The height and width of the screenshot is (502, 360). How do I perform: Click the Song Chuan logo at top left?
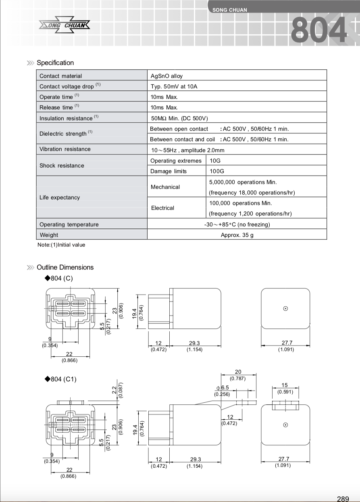pyautogui.click(x=65, y=26)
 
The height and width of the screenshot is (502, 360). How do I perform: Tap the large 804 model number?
pyautogui.click(x=318, y=30)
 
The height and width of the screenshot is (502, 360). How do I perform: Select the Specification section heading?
pyautogui.click(x=55, y=63)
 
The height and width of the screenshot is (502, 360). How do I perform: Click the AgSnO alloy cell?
pyautogui.click(x=166, y=76)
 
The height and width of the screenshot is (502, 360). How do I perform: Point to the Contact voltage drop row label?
pyautogui.click(x=67, y=86)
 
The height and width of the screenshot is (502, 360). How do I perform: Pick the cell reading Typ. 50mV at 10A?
pyautogui.click(x=174, y=86)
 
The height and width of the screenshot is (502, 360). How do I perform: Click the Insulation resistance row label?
pyautogui.click(x=66, y=118)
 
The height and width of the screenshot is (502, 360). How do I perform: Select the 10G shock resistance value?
pyautogui.click(x=215, y=161)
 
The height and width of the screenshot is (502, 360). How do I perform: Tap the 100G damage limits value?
pyautogui.click(x=216, y=171)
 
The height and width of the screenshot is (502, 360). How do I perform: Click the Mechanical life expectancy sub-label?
pyautogui.click(x=165, y=187)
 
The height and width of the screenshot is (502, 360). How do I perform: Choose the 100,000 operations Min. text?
pyautogui.click(x=240, y=203)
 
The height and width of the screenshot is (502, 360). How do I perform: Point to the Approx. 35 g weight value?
pyautogui.click(x=237, y=235)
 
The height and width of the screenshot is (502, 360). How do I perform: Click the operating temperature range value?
pyautogui.click(x=237, y=224)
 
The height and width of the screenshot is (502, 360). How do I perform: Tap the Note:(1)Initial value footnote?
pyautogui.click(x=61, y=245)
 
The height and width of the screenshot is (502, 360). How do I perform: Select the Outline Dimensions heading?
pyautogui.click(x=65, y=267)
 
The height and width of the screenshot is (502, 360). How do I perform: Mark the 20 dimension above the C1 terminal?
pyautogui.click(x=238, y=372)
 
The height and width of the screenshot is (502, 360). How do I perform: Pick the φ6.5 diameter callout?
pyautogui.click(x=223, y=388)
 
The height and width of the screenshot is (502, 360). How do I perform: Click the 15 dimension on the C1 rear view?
pyautogui.click(x=285, y=385)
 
